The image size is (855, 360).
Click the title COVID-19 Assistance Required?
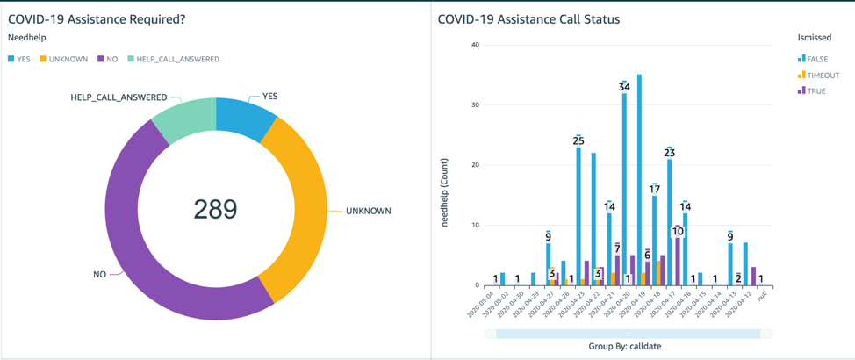tap(96, 18)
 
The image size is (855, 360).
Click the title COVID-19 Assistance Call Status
tap(528, 18)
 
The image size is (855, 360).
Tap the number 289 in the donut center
tap(215, 209)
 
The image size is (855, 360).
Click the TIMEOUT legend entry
tap(823, 76)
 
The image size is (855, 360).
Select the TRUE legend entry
tap(816, 91)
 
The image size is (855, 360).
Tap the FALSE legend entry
tap(817, 59)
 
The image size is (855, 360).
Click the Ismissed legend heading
tap(814, 38)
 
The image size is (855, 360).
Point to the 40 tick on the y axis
tap(475, 45)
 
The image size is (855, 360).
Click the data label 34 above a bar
tap(624, 87)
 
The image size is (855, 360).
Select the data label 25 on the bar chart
tap(578, 140)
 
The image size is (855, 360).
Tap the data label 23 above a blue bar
tap(669, 153)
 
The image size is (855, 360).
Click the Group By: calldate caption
tap(624, 347)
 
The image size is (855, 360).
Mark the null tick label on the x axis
tap(762, 296)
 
